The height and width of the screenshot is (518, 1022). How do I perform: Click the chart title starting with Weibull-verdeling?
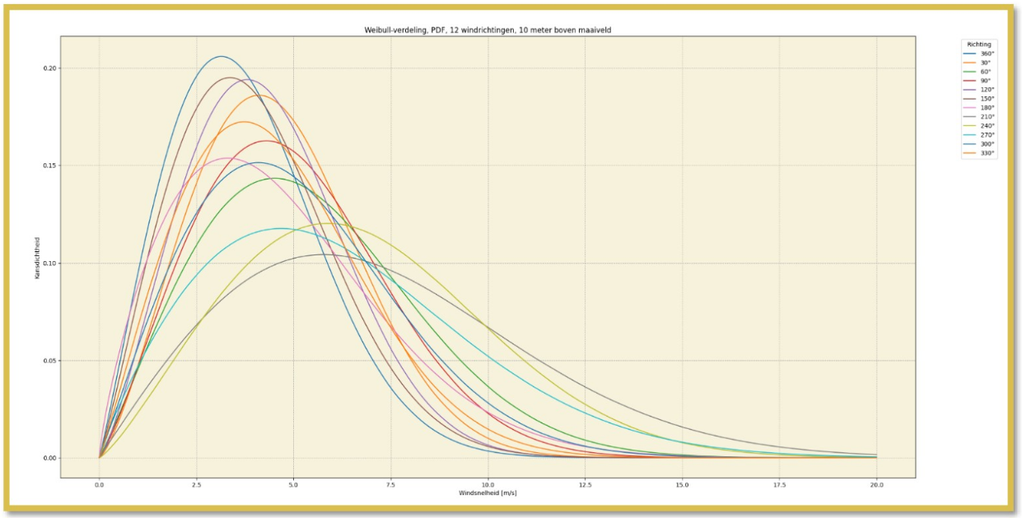488,30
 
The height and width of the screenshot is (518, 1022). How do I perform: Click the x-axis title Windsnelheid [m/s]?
488,492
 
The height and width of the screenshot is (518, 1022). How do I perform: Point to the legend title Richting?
979,44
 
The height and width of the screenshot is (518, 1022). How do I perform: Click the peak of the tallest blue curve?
221,56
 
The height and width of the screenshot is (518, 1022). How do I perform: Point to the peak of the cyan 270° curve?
282,228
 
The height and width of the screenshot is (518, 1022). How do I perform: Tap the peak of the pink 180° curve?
228,157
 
